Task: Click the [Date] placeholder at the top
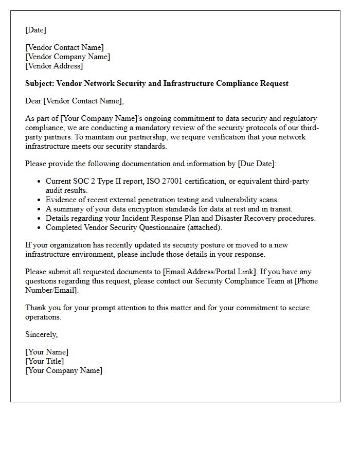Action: (35, 30)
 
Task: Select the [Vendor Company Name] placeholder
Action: (67, 57)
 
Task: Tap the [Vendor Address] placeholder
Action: (54, 66)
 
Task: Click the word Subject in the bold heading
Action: (39, 83)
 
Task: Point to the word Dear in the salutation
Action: (33, 101)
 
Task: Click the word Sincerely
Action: (41, 334)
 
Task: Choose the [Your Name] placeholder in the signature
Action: (47, 352)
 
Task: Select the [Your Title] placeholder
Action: (45, 361)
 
